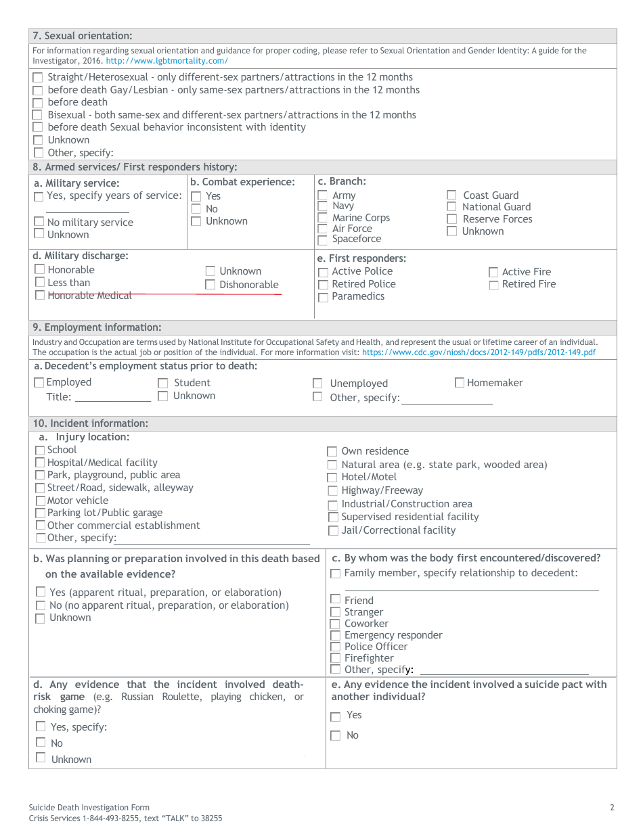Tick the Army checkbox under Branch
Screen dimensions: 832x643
click(323, 195)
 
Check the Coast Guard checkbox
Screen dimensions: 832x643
click(451, 195)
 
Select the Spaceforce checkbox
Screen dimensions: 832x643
click(323, 239)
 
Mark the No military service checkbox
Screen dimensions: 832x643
click(39, 222)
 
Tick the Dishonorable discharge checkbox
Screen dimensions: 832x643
click(210, 285)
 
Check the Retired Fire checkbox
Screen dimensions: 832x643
click(493, 285)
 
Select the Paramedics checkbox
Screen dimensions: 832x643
click(323, 297)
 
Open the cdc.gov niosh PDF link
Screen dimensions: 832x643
click(479, 352)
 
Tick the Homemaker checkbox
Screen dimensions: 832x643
click(460, 383)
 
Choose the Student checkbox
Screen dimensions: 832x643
click(162, 384)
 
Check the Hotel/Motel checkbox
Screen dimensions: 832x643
click(332, 478)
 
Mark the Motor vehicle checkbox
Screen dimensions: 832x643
click(40, 501)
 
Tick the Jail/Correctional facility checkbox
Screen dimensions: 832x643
click(332, 531)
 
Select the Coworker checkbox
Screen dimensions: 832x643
click(335, 624)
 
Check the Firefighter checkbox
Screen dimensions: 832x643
click(335, 658)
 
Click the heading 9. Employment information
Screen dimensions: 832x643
click(97, 327)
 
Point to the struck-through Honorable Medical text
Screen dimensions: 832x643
click(89, 295)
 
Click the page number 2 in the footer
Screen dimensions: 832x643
click(612, 807)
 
